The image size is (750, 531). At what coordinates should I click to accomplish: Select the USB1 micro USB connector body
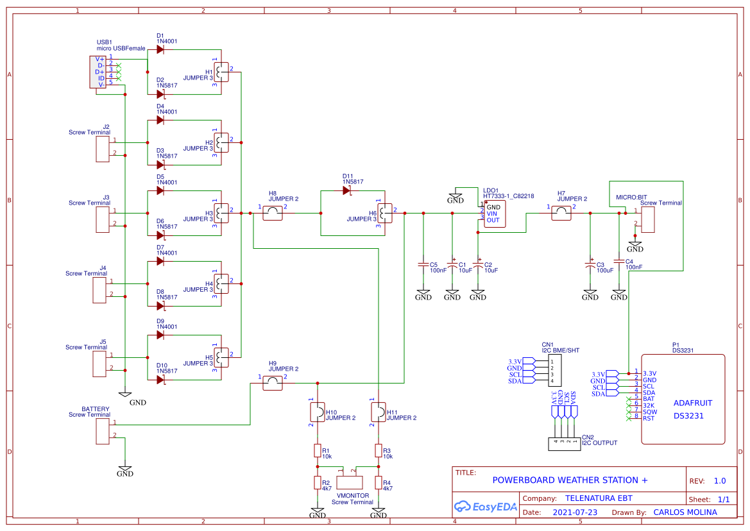98,72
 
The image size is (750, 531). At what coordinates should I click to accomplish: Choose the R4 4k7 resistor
379,483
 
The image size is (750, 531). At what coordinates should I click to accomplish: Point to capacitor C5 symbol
423,264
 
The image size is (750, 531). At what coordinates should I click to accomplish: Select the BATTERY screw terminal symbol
102,429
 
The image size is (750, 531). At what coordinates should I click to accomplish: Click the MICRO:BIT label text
631,198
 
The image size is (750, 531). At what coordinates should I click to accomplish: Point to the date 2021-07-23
575,512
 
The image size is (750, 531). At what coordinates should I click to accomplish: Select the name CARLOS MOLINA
685,512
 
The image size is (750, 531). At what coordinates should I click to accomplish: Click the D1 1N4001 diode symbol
160,49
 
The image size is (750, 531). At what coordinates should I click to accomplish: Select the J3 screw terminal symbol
102,219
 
